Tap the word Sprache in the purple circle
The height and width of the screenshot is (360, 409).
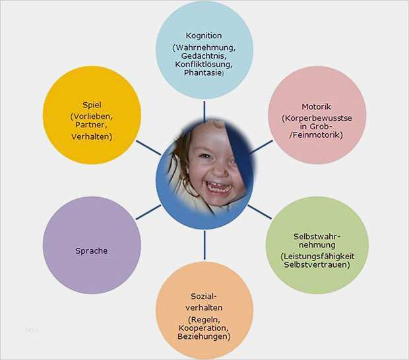91,251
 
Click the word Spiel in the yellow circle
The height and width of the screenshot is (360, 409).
92,105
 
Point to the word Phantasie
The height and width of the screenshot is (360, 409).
204,73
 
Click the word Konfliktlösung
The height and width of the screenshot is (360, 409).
204,65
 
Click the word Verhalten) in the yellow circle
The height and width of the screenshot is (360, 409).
92,136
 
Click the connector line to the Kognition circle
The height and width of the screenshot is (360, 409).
204,109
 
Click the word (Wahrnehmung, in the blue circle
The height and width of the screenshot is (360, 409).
204,47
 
